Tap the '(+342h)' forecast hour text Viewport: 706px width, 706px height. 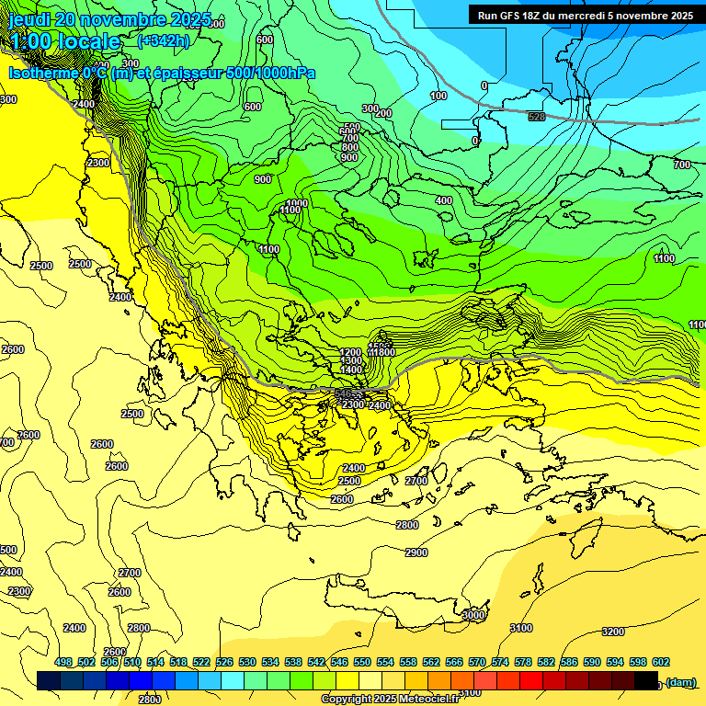point(165,41)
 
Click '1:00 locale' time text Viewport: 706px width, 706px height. point(66,41)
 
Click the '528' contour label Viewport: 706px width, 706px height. point(537,117)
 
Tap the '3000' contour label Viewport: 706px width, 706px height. point(473,614)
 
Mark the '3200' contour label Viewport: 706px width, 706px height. point(612,632)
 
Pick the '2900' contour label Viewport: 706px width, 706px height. point(416,552)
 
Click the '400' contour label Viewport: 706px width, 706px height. point(444,200)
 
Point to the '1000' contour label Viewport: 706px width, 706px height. point(297,203)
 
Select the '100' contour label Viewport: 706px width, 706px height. point(438,96)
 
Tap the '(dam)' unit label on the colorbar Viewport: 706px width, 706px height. point(680,681)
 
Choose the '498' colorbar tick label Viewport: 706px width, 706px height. point(63,663)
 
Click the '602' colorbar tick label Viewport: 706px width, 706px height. point(660,663)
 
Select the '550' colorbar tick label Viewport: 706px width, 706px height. point(362,663)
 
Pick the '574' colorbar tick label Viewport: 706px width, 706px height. point(500,663)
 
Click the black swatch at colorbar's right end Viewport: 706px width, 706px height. point(646,680)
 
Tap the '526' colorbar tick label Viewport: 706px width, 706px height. point(224,663)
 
